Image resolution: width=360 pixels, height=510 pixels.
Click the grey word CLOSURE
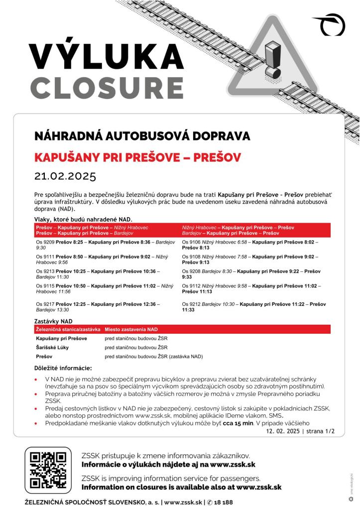(x=106, y=88)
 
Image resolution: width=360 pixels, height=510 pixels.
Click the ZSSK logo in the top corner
(x=329, y=23)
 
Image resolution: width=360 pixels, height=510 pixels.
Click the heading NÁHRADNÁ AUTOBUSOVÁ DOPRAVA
(x=142, y=136)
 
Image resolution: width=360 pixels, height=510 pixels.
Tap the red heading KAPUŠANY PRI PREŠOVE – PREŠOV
(x=137, y=158)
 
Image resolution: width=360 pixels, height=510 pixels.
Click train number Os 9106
(x=192, y=242)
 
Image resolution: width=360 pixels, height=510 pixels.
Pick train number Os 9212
(x=192, y=304)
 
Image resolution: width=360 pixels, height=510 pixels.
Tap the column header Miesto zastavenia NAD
(x=131, y=330)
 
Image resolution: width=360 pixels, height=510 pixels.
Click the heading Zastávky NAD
(x=53, y=322)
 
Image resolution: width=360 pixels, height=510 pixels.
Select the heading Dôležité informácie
(x=63, y=368)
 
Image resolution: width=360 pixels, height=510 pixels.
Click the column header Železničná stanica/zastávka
(x=68, y=330)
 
